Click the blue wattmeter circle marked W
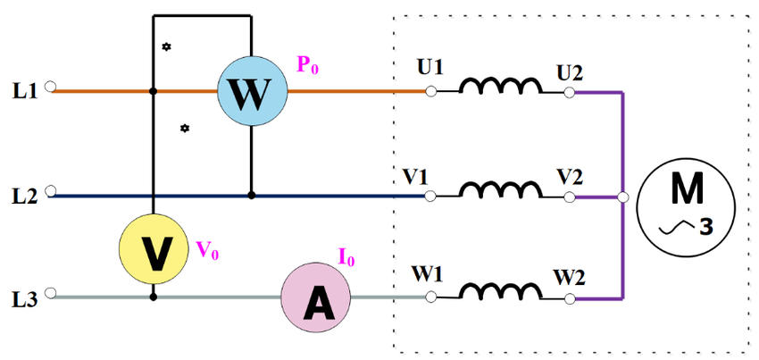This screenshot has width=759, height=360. click(x=252, y=90)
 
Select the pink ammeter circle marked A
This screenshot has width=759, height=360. click(x=316, y=299)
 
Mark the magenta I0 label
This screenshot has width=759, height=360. click(x=346, y=260)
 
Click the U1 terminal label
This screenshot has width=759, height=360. click(x=430, y=69)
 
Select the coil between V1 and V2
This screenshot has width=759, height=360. click(x=500, y=189)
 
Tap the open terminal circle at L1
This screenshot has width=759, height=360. click(x=51, y=89)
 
